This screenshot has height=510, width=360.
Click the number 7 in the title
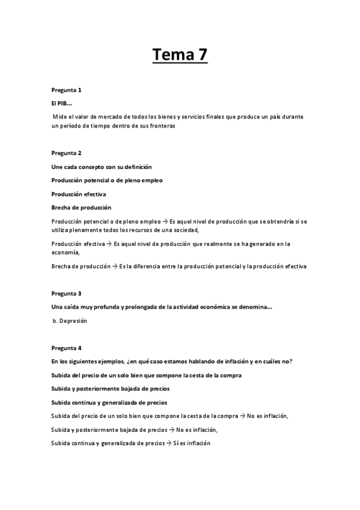click(201, 55)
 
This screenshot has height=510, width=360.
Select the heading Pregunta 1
click(66, 90)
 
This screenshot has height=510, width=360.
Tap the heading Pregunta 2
click(66, 153)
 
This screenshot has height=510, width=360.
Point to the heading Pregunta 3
click(66, 293)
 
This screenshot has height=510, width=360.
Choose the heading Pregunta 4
click(66, 348)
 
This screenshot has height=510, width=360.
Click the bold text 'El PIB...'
click(61, 104)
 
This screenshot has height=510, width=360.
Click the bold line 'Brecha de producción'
click(81, 207)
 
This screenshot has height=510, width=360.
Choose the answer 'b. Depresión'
click(70, 321)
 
